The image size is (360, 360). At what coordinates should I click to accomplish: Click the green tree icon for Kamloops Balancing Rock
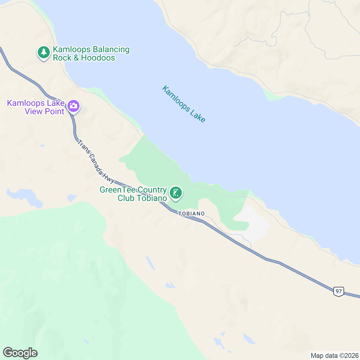44,52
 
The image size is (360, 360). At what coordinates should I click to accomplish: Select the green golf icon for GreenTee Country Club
176,193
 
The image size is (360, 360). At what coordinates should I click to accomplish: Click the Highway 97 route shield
338,291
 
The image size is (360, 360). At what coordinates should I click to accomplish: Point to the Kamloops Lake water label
184,104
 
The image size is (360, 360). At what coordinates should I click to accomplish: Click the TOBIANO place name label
191,214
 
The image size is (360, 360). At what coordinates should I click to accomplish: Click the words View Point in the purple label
44,112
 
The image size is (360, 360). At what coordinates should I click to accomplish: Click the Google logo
20,353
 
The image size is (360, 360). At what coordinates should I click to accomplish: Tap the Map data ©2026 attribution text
334,356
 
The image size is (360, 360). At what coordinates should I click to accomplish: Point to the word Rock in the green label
62,58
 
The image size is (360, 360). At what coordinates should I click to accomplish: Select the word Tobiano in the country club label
152,198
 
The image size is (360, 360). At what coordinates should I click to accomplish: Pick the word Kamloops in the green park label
72,49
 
